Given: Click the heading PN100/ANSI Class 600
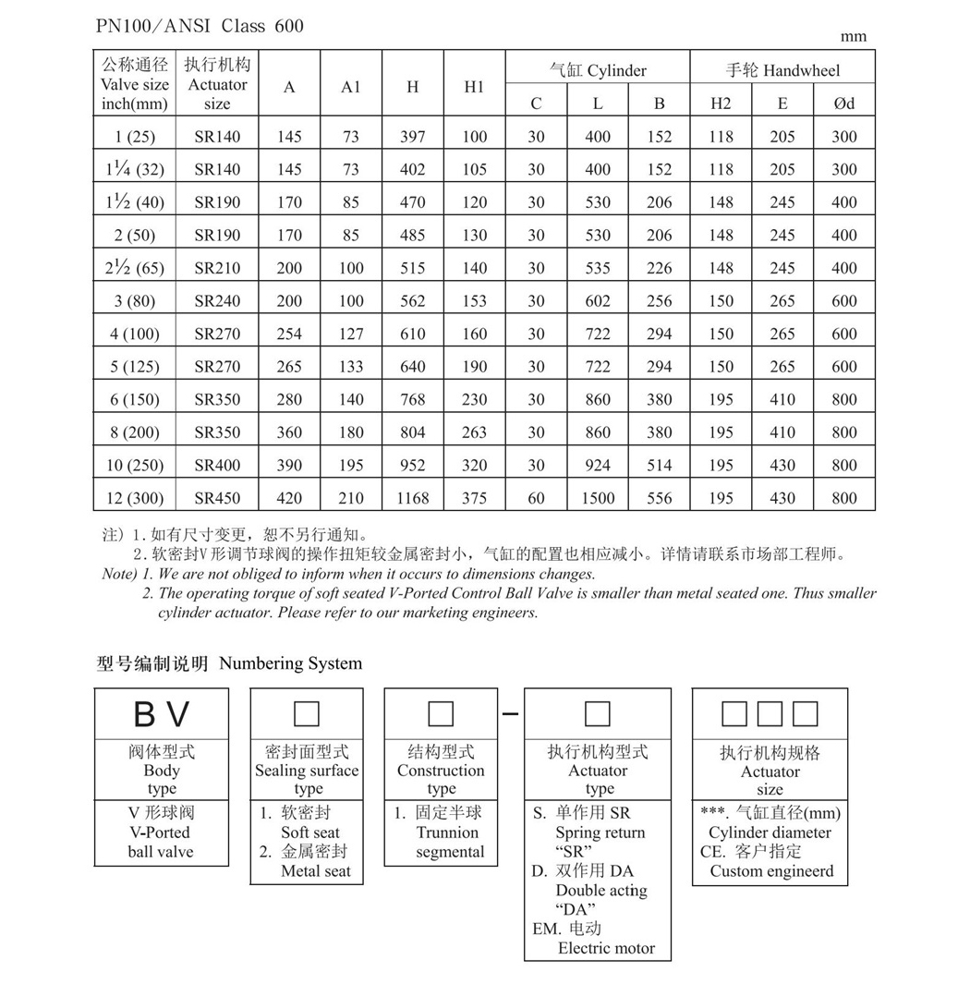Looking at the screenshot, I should [200, 26].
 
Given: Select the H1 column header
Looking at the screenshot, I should [474, 87].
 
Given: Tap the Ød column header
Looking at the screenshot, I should [843, 103].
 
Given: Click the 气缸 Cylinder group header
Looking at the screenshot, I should [598, 70].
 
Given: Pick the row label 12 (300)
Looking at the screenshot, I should [135, 498].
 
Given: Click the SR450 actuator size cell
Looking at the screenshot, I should [217, 498].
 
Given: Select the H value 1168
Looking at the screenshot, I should [412, 498].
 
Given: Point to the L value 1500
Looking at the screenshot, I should [598, 498].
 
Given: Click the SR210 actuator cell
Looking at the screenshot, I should [217, 268].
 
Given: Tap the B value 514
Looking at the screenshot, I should [659, 465].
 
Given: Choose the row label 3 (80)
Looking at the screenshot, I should [135, 301].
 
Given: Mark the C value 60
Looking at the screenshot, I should [536, 498].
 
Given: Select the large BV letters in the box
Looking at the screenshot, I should [162, 714].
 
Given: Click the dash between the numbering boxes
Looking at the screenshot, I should [513, 714].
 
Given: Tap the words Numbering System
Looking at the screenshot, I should [291, 663].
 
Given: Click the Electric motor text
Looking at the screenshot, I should [606, 948].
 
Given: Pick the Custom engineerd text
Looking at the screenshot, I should [771, 870].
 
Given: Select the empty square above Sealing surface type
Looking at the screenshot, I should [306, 714].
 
